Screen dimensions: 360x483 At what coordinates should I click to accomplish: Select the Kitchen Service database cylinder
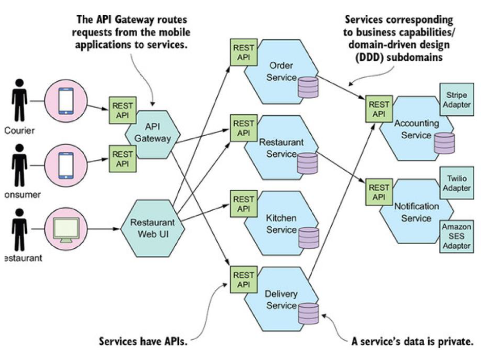[x=308, y=237]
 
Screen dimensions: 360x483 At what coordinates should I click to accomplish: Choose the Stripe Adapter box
[x=456, y=100]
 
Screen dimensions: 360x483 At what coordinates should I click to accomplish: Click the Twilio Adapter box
[x=456, y=183]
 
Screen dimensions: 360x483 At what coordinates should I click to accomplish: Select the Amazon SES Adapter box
[x=456, y=236]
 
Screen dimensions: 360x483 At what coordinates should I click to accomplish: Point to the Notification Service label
[x=416, y=212]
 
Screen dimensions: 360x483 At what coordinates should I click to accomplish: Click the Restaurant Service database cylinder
[x=307, y=163]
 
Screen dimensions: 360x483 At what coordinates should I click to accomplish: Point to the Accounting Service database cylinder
[x=444, y=143]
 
